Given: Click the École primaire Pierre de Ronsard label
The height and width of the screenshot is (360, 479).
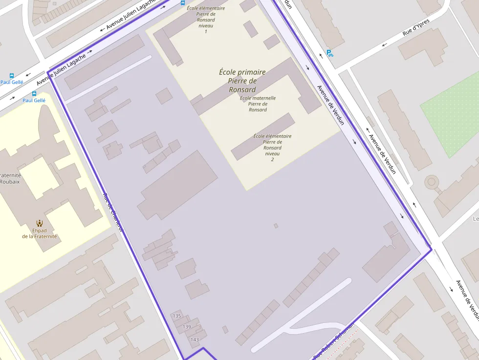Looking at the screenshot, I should pyautogui.click(x=242, y=81).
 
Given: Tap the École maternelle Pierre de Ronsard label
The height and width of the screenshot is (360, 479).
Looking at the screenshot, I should pyautogui.click(x=258, y=104).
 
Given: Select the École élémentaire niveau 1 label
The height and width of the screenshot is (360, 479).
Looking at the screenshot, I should pyautogui.click(x=206, y=20).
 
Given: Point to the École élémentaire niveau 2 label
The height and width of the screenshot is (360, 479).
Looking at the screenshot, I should pyautogui.click(x=272, y=148).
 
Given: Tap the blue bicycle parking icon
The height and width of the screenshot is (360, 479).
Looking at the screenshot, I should pyautogui.click(x=330, y=54).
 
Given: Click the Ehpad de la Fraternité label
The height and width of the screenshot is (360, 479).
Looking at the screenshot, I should pyautogui.click(x=40, y=233).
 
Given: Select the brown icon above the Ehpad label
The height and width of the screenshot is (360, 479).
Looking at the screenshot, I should pyautogui.click(x=40, y=223).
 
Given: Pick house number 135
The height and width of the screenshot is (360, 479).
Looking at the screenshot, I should pyautogui.click(x=177, y=316).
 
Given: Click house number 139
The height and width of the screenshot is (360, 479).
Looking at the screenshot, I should pyautogui.click(x=187, y=326).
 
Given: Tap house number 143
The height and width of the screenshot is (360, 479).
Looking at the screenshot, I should pyautogui.click(x=195, y=339).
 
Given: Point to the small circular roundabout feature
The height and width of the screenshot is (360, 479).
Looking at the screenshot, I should pyautogui.click(x=431, y=182).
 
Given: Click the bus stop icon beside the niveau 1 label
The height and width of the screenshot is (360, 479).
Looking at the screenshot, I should pyautogui.click(x=183, y=3).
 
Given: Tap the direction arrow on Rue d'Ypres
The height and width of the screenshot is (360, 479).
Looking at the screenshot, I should pyautogui.click(x=384, y=45).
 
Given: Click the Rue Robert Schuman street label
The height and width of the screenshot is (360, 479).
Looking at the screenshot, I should pyautogui.click(x=334, y=345).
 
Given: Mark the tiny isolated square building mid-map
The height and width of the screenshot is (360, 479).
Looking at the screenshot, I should pyautogui.click(x=276, y=226).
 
